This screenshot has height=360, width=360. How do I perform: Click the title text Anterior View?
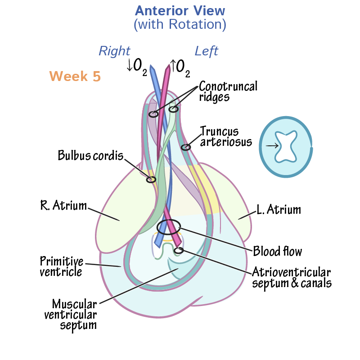(180, 10)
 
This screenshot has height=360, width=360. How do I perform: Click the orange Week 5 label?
(75, 76)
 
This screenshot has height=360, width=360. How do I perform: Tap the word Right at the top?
(114, 51)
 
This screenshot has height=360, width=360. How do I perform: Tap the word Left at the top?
(206, 51)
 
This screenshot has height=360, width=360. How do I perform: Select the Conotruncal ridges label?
(228, 91)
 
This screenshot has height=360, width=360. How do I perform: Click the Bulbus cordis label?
(90, 156)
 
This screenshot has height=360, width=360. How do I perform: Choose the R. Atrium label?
(63, 206)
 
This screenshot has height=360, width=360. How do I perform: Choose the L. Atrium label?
(279, 209)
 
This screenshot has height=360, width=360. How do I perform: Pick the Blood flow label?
(277, 251)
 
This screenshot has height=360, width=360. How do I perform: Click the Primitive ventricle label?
(61, 266)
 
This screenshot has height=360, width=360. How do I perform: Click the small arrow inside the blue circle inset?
(271, 146)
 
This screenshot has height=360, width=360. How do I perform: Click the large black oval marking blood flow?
(169, 226)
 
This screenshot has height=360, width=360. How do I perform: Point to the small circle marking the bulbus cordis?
(151, 180)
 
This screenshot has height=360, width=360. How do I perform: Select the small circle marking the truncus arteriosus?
(185, 147)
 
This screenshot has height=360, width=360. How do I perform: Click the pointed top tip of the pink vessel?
(169, 66)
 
